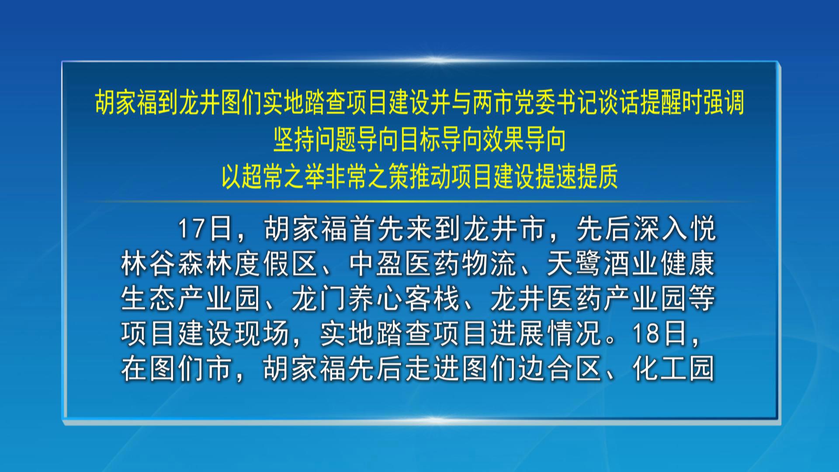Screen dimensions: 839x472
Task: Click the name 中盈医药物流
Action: [x=433, y=264]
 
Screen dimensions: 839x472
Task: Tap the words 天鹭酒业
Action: [x=603, y=264]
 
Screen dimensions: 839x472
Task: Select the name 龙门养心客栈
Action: [x=376, y=299]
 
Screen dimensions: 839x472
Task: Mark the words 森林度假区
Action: [x=248, y=264]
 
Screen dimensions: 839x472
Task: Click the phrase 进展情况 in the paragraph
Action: [x=546, y=333]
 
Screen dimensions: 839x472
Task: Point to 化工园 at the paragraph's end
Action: [x=673, y=368]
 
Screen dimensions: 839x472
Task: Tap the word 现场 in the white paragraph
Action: [x=262, y=333]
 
